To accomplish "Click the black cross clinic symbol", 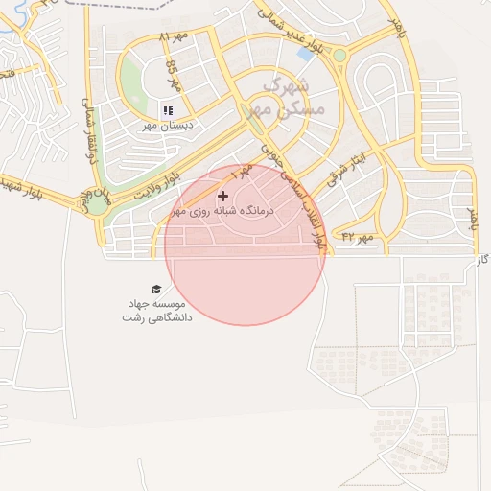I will tap(223, 196).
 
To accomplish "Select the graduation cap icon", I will tap(156, 290).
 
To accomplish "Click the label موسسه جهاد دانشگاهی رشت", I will tap(155, 309).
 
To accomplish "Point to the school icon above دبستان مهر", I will tap(168, 110).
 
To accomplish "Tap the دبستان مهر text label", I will tap(168, 125).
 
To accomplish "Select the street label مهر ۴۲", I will tap(355, 236).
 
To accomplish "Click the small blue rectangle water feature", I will tap(305, 55).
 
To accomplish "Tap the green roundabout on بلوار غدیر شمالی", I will tap(339, 56).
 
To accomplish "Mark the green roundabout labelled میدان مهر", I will tap(98, 202).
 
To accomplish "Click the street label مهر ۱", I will tap(241, 174).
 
